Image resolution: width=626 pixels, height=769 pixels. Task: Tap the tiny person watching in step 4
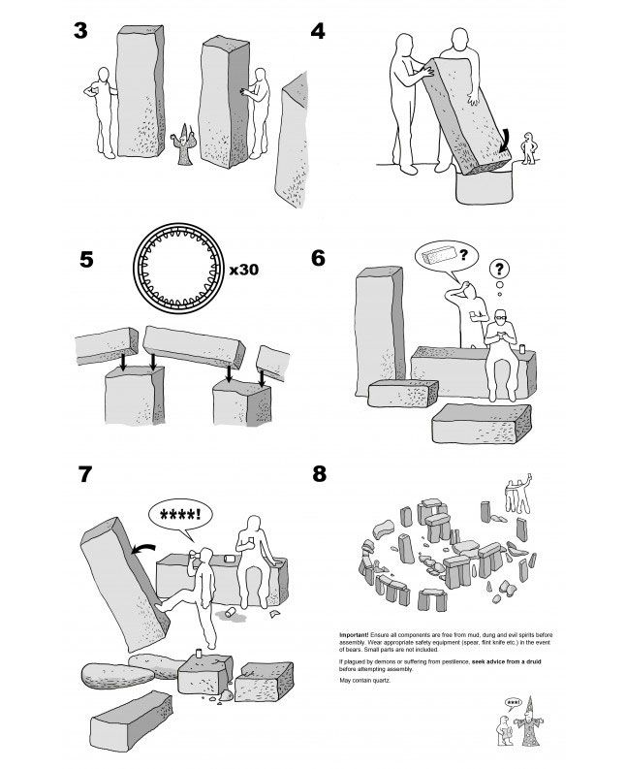528,147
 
